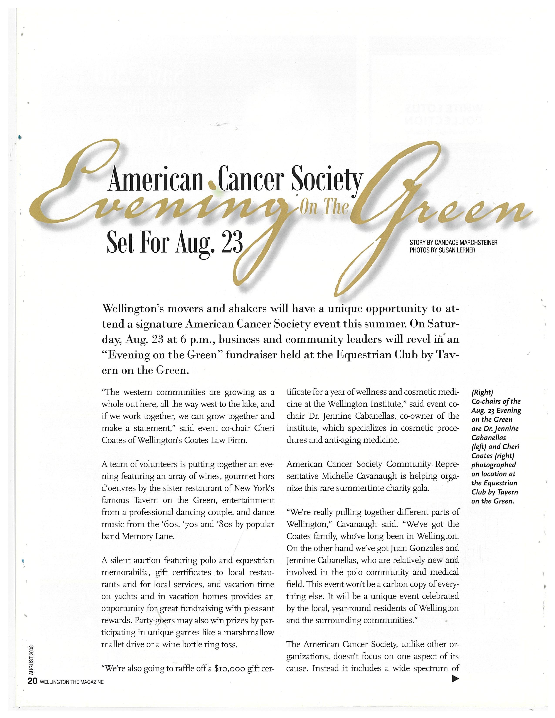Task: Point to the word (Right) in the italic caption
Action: pyautogui.click(x=482, y=392)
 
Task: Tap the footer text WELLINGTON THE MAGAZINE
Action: pyautogui.click(x=72, y=682)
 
